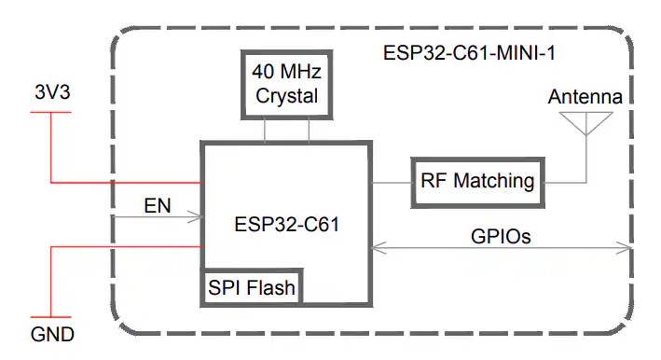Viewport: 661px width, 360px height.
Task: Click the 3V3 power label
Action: [x=52, y=92]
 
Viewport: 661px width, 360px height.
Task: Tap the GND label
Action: [x=52, y=335]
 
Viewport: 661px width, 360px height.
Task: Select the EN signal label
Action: [x=158, y=206]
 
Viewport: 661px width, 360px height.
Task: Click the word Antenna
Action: [x=585, y=97]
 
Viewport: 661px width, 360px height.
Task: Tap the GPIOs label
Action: [x=501, y=237]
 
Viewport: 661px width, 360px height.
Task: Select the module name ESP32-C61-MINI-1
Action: [x=469, y=53]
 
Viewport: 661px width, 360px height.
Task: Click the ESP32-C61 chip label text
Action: [x=286, y=224]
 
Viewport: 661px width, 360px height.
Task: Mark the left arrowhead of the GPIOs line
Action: [x=379, y=248]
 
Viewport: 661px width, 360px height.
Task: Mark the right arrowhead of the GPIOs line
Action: [x=625, y=248]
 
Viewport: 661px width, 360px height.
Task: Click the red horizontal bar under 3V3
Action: [x=50, y=113]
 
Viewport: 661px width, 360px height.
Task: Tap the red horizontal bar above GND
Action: [x=50, y=317]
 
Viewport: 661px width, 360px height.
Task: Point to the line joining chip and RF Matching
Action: [x=392, y=183]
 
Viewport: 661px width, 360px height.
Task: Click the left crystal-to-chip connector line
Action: [x=265, y=130]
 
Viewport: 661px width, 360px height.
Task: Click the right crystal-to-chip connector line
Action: [x=309, y=130]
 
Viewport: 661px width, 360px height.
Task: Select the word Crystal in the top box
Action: [x=286, y=97]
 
